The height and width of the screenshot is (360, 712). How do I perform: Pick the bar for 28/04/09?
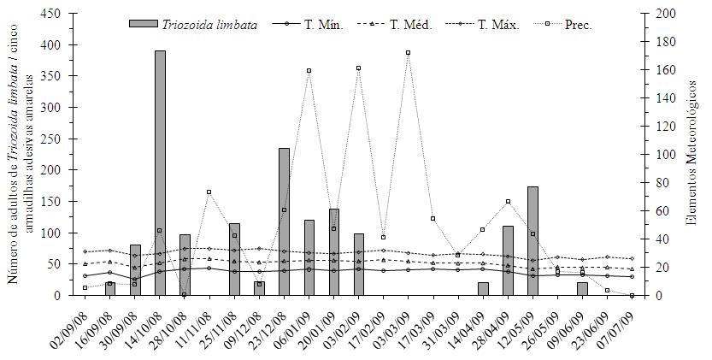pos(508,260)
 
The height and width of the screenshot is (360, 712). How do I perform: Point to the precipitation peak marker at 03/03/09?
pos(408,52)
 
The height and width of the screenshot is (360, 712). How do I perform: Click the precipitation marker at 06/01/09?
pos(309,70)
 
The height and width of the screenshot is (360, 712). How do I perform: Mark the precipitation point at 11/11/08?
pos(209,192)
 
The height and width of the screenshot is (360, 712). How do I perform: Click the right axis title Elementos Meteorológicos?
pos(691,154)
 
